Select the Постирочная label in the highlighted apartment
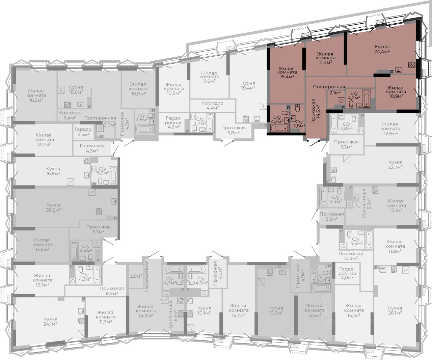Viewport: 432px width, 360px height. [x=329, y=87]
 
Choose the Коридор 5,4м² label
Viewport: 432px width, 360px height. [x=70, y=115]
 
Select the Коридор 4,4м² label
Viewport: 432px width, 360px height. [x=213, y=105]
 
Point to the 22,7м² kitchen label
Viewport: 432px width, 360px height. [x=395, y=165]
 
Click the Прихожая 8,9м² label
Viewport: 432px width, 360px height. [x=112, y=291]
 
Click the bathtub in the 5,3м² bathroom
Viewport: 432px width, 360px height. [x=113, y=175]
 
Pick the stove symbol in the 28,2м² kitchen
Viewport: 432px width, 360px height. [x=99, y=212]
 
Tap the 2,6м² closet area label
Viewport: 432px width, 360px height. [x=136, y=276]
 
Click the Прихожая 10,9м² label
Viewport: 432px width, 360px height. [x=351, y=256]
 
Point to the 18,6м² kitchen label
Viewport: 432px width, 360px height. [x=76, y=90]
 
